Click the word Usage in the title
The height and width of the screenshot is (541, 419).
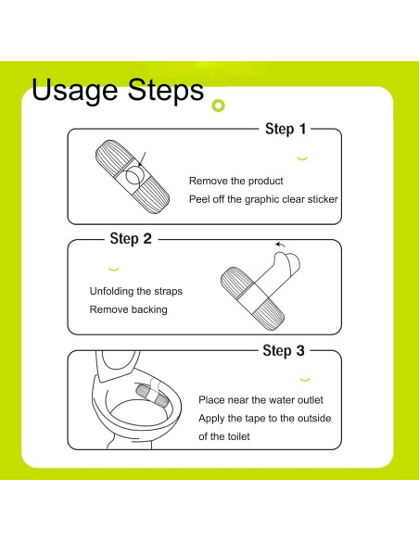[x=74, y=91]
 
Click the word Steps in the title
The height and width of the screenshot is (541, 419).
[x=166, y=91]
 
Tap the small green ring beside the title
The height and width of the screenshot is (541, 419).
[x=218, y=106]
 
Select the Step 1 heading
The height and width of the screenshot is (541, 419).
[x=286, y=129]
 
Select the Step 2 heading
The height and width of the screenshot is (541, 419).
[x=131, y=238]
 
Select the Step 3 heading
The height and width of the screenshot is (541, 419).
[x=284, y=350]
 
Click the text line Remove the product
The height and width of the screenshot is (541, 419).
[x=236, y=181]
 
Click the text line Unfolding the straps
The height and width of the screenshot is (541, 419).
[x=136, y=291]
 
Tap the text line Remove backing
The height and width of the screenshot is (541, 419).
[x=129, y=309]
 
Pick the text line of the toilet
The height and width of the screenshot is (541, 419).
[x=224, y=436]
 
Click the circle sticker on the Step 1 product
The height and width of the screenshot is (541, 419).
[x=134, y=175]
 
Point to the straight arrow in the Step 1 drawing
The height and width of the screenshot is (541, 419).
[x=142, y=159]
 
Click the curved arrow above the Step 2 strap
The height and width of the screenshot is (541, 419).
[x=280, y=245]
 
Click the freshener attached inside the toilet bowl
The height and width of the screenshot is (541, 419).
[x=151, y=396]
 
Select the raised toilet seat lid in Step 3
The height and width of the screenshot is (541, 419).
[x=117, y=365]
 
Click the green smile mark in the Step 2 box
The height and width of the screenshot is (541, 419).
[x=113, y=270]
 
